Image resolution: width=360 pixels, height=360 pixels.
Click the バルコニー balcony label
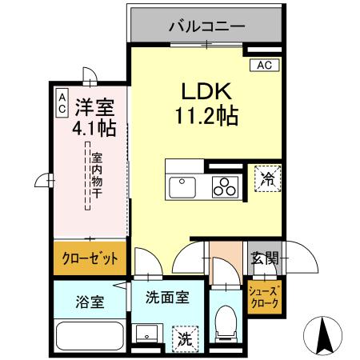206,26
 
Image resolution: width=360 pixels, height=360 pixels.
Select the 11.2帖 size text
206,117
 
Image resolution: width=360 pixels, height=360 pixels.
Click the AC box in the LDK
263,66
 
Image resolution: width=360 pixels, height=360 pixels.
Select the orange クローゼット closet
90,258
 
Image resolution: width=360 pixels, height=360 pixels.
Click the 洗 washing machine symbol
184,338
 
